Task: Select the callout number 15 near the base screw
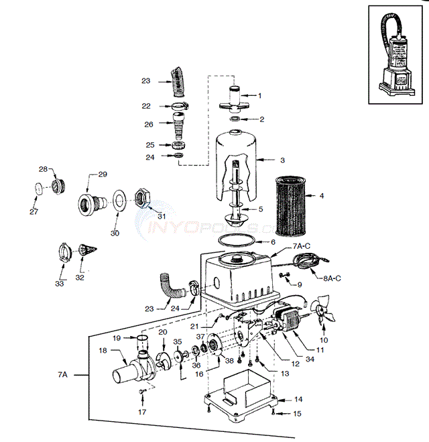click(x=297, y=414)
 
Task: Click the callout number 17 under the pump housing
click(x=141, y=412)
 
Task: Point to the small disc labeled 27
click(x=40, y=188)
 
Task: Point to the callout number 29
click(x=103, y=174)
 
